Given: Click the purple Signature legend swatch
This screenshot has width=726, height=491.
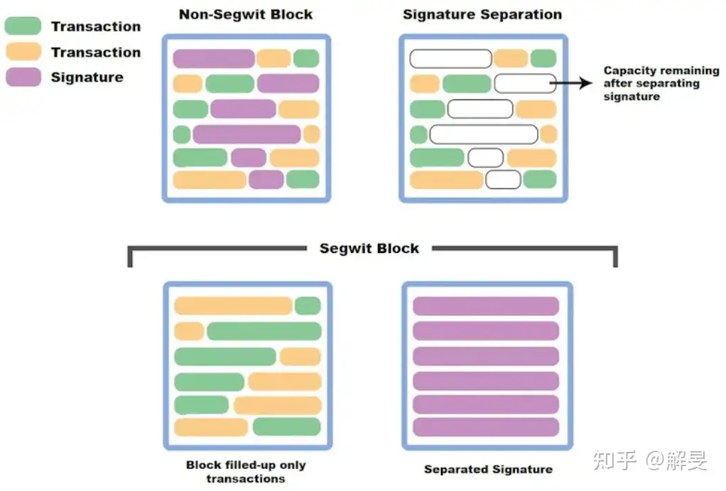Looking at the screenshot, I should [x=23, y=77].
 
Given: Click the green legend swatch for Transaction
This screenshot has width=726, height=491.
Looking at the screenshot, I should [x=23, y=26].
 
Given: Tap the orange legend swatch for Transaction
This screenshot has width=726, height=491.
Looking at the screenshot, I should [x=23, y=52].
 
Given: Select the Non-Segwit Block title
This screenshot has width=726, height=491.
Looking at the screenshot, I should [x=246, y=14].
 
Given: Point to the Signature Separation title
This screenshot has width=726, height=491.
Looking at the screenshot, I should [x=482, y=14].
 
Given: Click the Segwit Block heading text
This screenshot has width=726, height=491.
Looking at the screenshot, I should [x=369, y=249].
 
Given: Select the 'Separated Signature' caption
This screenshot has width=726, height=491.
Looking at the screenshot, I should [x=488, y=469].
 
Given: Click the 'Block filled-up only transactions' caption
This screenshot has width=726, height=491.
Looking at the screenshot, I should [x=246, y=472].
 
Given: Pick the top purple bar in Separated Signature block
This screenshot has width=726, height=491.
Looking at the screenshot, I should [x=486, y=306].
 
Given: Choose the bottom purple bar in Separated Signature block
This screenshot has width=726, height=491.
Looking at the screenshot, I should [x=486, y=427].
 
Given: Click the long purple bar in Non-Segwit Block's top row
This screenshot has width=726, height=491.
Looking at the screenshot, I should [x=214, y=58].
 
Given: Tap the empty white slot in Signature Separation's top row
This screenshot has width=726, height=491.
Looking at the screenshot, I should [x=450, y=58].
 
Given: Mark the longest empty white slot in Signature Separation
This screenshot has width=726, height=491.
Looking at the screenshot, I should [x=484, y=134].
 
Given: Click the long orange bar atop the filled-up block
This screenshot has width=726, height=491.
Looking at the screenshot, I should [x=233, y=306].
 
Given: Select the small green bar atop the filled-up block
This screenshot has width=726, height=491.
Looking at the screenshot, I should [x=308, y=306].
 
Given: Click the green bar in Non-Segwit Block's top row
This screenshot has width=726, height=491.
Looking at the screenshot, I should [x=306, y=58].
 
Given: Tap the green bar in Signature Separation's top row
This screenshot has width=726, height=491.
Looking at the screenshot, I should [x=543, y=58].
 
